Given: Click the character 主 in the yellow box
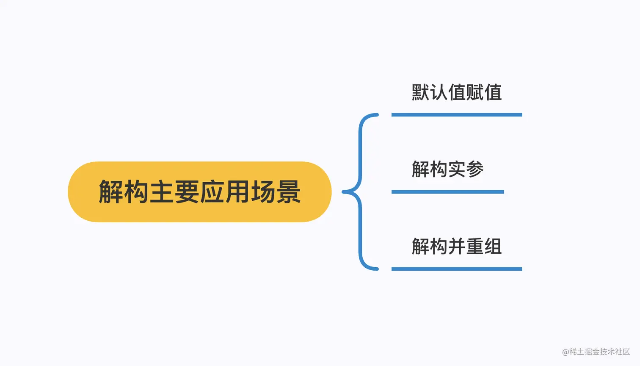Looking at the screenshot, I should click(162, 192).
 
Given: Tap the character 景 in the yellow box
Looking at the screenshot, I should click(288, 192).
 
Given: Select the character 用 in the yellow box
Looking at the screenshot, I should click(237, 192).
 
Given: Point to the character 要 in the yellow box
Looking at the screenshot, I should click(187, 192).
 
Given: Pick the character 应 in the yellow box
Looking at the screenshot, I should click(212, 192).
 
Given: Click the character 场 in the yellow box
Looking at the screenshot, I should click(263, 192).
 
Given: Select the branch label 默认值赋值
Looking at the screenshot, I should click(456, 92).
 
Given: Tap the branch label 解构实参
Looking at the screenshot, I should click(447, 169).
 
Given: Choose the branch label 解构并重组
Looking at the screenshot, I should click(456, 247).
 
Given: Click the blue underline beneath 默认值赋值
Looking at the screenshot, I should click(456, 115).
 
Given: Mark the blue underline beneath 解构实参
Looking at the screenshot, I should click(447, 192).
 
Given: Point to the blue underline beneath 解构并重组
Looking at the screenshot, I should click(456, 269).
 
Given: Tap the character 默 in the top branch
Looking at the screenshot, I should click(421, 92).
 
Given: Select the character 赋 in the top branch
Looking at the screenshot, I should click(474, 92).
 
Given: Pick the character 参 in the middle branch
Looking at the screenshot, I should click(474, 169).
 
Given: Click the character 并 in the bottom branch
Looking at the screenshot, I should click(456, 247).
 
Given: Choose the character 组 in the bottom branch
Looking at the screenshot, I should click(493, 247).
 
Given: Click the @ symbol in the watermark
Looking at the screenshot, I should click(566, 352).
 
